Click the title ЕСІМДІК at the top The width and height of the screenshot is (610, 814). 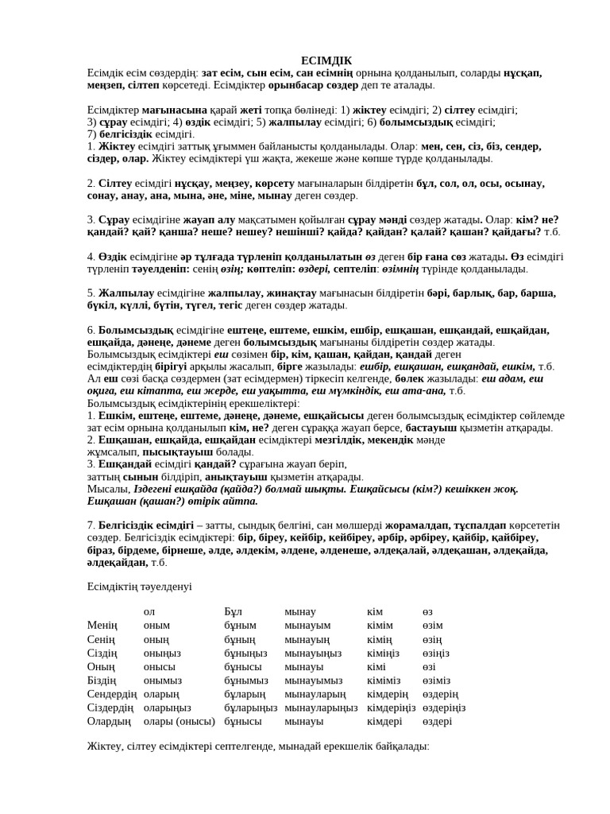coord(326,60)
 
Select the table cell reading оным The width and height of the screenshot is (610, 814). coord(156,626)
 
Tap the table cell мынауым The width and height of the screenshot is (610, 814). coord(307,626)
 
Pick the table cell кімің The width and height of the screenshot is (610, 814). coord(379,640)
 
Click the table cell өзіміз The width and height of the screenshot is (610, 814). coord(436,680)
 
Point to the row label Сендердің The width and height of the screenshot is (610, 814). coord(111,694)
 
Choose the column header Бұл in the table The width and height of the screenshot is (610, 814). coord(233,612)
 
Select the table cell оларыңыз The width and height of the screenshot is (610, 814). coord(167,707)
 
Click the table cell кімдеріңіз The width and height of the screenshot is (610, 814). coord(391,707)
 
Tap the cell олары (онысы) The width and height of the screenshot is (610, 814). coord(179,721)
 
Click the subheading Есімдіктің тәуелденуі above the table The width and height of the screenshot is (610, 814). coord(139,586)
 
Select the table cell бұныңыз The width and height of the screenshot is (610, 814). coord(249,653)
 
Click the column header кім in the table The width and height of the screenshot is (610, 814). coord(375,612)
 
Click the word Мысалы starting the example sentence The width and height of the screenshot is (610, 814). coord(107,489)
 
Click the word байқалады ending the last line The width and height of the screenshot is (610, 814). coord(402,747)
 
